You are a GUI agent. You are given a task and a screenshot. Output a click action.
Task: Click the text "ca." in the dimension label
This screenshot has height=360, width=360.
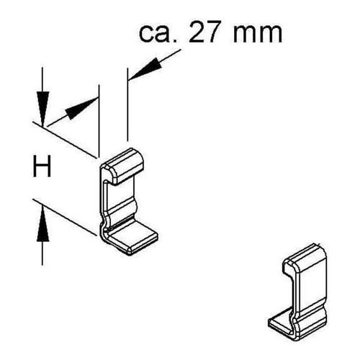coord(158,33)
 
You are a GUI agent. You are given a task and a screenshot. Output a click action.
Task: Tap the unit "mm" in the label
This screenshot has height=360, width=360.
coord(258,35)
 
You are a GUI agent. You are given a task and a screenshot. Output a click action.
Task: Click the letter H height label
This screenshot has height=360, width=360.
coord(42,166)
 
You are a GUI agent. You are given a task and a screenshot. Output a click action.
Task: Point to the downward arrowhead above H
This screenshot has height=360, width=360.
coord(43,109)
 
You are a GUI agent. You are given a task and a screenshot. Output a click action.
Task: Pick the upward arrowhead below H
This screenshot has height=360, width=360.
coord(43,225)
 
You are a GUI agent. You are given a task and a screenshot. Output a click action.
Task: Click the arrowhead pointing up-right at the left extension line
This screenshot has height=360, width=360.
coord(81,109)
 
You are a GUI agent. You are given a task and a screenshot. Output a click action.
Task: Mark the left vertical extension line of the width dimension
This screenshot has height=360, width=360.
coord(99,121)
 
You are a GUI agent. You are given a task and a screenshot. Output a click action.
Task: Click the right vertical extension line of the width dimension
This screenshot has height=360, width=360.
coord(127,104)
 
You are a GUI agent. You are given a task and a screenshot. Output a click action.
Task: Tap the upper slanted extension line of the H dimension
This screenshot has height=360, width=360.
coord(65,140)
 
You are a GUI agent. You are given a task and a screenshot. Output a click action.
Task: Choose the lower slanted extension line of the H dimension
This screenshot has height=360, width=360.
coord(65,217)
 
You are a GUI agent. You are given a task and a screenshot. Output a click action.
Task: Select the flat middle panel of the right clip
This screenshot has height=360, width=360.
coord(312,292)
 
